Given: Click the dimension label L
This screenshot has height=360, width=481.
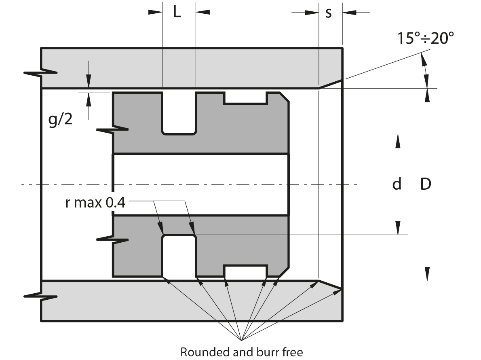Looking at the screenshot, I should [x=177, y=12].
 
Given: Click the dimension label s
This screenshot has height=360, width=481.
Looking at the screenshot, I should [x=329, y=13].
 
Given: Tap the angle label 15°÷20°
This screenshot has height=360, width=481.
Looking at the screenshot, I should [x=425, y=38].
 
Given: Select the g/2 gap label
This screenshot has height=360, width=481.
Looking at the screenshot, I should [x=60, y=120].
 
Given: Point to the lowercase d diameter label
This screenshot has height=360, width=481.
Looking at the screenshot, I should [x=397, y=184].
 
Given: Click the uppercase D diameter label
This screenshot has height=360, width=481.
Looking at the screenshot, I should [x=426, y=184].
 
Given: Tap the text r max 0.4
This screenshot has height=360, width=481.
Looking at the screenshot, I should [x=95, y=202].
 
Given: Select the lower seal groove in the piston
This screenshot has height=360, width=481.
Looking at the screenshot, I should [x=179, y=256].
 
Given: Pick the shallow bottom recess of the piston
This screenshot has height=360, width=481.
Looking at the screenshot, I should [x=245, y=271].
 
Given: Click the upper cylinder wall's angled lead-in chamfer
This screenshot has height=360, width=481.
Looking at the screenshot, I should [x=331, y=84].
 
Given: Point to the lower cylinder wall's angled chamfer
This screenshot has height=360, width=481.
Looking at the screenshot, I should [x=331, y=285].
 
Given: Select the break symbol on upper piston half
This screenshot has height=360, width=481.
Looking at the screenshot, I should [x=113, y=130].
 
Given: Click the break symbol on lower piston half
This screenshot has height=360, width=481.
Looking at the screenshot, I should [x=113, y=239].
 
